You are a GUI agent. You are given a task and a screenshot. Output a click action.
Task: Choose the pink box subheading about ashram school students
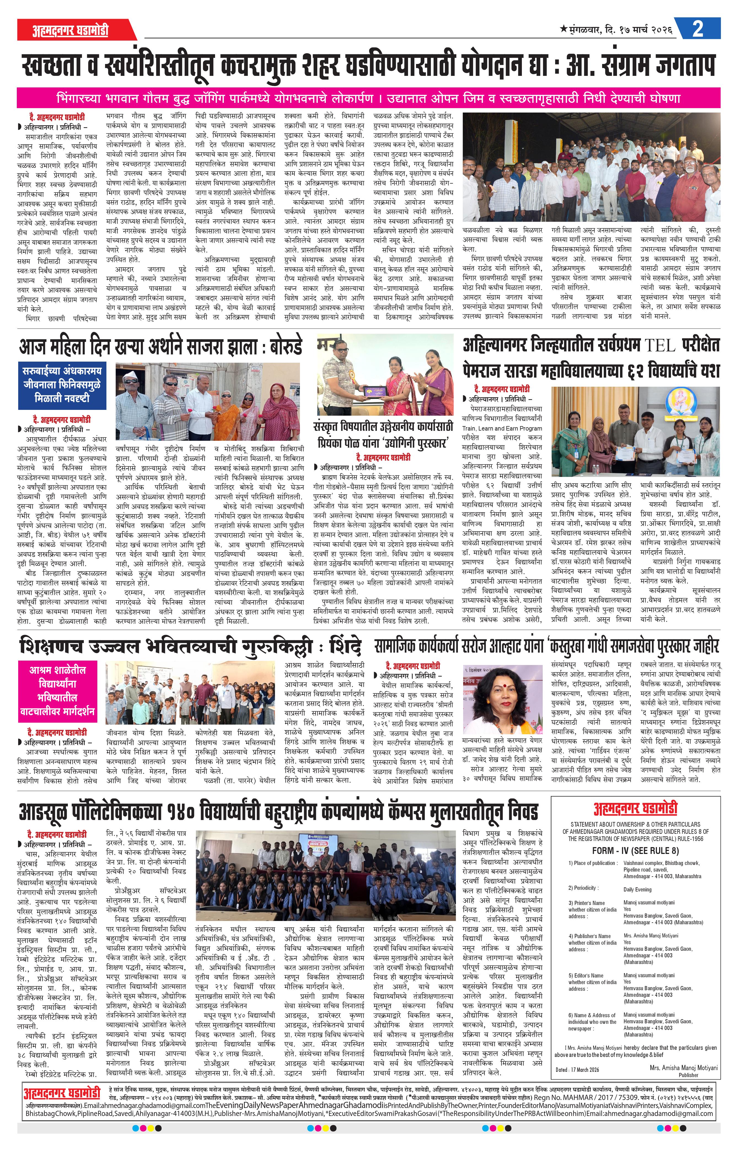(58, 690)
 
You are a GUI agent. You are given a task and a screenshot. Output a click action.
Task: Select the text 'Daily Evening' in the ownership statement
(637, 889)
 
